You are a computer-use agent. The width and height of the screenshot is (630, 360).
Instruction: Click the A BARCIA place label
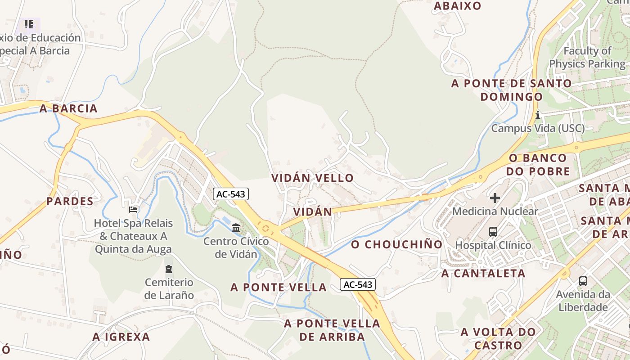click(x=68, y=108)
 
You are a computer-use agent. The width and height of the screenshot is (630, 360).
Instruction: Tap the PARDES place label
click(x=70, y=201)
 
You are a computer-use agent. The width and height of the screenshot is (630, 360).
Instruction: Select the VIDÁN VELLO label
click(x=312, y=178)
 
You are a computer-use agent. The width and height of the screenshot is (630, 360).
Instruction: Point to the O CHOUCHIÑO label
click(x=397, y=244)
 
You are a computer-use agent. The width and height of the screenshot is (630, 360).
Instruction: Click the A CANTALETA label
click(x=483, y=273)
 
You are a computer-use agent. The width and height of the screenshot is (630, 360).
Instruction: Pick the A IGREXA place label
click(x=121, y=337)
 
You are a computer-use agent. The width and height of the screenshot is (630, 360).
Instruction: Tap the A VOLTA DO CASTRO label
click(x=498, y=338)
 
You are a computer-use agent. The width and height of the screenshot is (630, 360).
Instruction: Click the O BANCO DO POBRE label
click(x=538, y=164)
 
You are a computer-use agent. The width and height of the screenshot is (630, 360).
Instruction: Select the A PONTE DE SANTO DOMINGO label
click(x=512, y=90)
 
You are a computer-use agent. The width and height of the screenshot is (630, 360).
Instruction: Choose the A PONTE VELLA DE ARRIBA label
click(x=332, y=330)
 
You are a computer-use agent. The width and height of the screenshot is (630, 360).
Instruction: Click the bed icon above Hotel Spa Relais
click(x=133, y=209)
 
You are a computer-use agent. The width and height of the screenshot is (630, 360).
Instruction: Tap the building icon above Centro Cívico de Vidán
click(x=236, y=228)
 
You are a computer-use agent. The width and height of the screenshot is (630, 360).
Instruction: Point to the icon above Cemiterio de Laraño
click(x=169, y=269)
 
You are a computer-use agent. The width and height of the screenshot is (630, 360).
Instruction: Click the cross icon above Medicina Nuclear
click(x=495, y=198)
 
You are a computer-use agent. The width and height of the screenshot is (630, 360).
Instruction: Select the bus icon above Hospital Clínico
click(x=493, y=232)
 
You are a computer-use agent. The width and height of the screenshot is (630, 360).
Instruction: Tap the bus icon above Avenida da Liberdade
click(x=583, y=281)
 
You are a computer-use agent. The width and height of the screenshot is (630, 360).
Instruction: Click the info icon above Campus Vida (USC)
click(x=538, y=115)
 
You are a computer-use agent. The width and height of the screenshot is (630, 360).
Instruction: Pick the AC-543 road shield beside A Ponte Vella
click(x=358, y=284)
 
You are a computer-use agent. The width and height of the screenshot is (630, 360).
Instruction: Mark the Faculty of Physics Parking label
click(x=587, y=57)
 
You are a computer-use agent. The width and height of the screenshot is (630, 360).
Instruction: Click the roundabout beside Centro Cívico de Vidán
click(x=265, y=228)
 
